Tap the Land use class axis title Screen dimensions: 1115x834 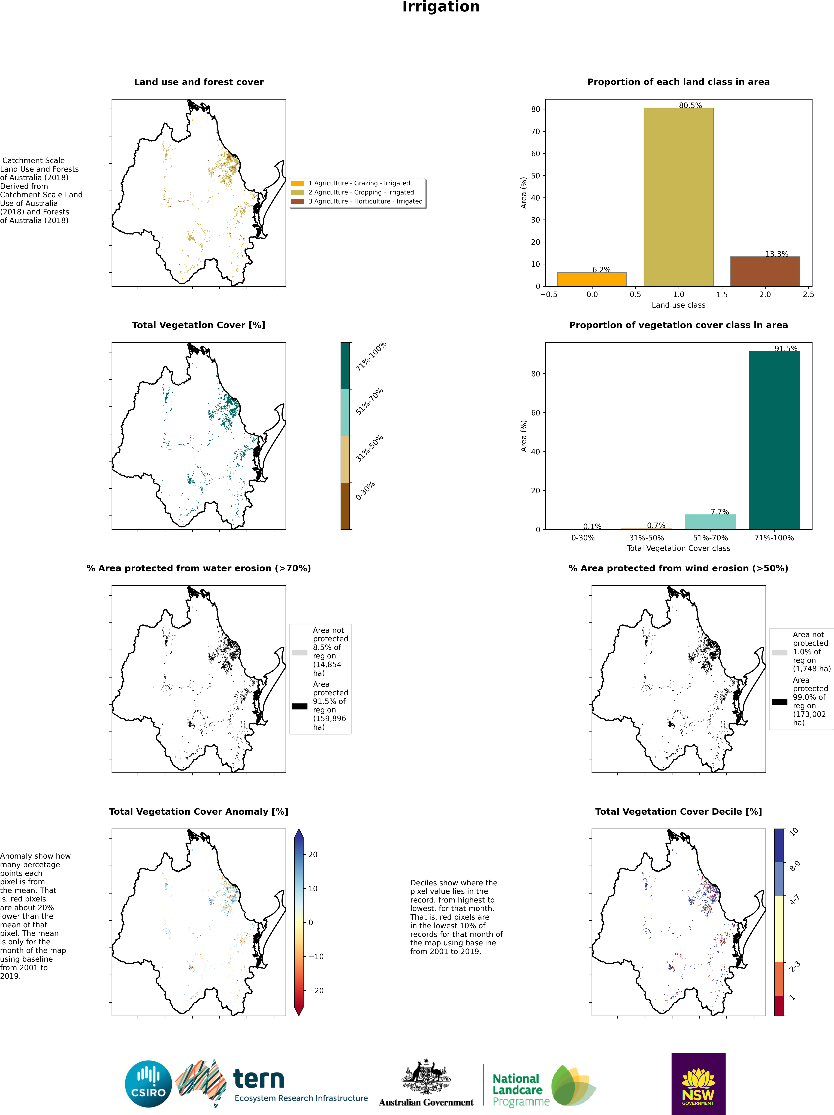click(678, 305)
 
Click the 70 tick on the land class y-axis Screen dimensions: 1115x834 click(535, 131)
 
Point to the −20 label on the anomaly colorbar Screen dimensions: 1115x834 click(316, 991)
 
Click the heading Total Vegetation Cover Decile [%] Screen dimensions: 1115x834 click(678, 812)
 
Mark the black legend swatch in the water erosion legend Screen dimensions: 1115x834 click(300, 706)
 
